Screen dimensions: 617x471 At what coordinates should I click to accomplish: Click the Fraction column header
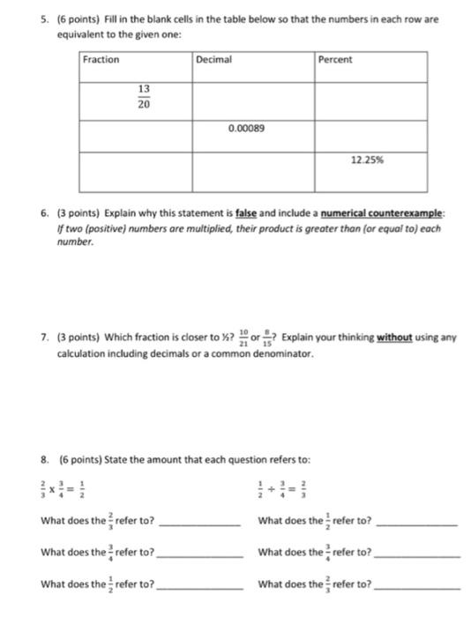[101, 60]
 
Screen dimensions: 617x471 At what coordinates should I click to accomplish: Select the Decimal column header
[214, 60]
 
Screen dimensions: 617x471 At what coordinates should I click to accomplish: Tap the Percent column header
[334, 60]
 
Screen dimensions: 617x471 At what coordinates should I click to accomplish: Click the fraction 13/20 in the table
[144, 97]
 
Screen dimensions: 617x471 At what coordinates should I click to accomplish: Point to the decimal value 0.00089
[245, 128]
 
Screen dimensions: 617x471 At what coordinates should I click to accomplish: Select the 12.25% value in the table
[367, 161]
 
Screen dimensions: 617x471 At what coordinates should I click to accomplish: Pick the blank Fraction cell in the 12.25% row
[136, 167]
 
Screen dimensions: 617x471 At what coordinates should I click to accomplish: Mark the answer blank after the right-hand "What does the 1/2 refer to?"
[416, 521]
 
